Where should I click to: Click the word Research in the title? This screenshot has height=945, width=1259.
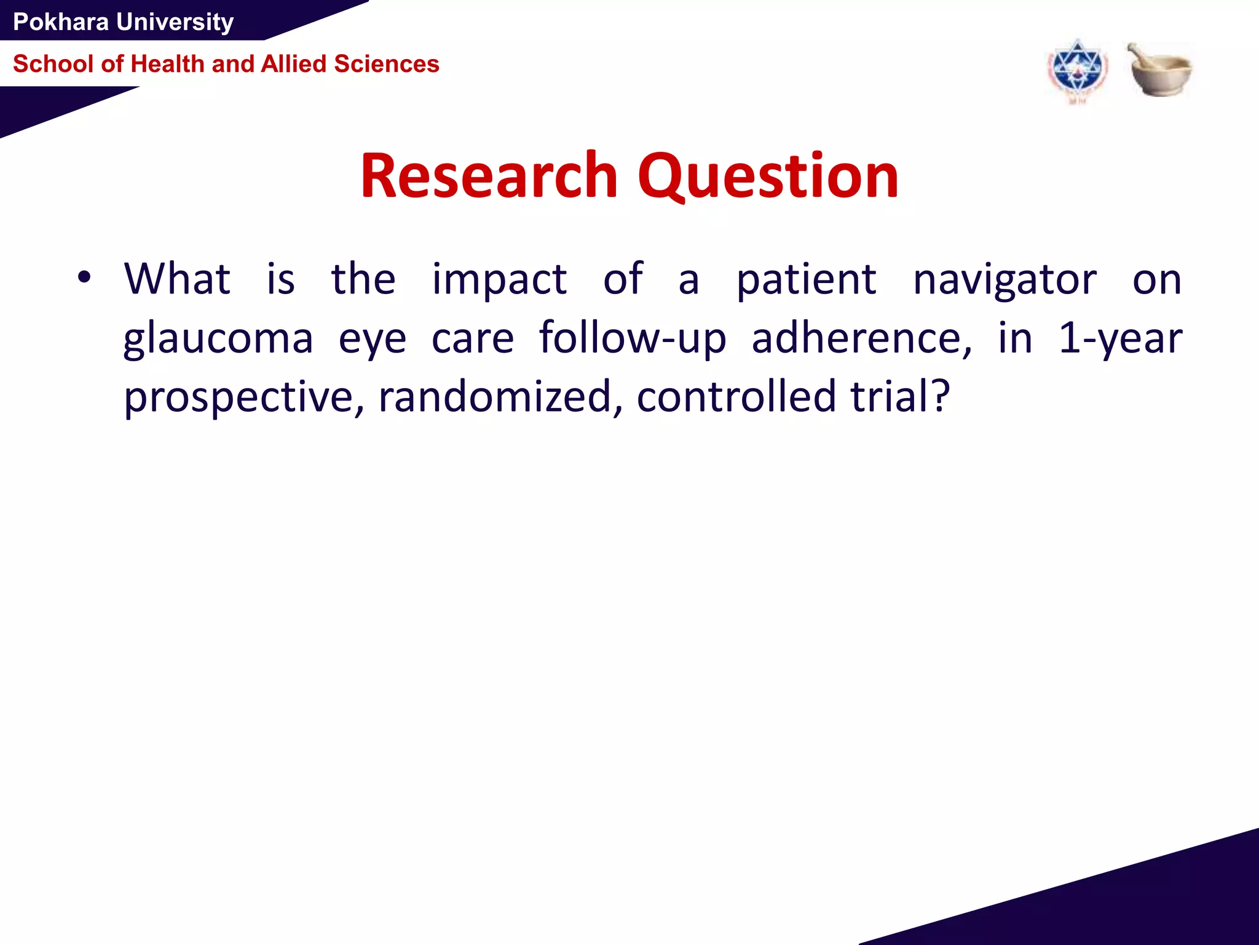(489, 177)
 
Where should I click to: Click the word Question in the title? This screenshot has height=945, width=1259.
(768, 177)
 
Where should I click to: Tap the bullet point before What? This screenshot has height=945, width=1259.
(84, 278)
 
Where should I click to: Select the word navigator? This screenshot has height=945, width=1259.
(1004, 280)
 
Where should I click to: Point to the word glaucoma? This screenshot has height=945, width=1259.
(218, 339)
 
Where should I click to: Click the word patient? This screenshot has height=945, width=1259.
(806, 280)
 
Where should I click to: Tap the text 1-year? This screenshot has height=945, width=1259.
(1119, 339)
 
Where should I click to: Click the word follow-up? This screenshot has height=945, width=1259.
(633, 339)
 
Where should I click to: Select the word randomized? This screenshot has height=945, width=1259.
(500, 397)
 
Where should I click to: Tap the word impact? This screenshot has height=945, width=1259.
(499, 280)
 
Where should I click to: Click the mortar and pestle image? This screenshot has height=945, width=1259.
(1159, 70)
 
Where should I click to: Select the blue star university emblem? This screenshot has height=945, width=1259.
(1077, 71)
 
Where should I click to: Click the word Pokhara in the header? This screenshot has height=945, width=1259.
(61, 22)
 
